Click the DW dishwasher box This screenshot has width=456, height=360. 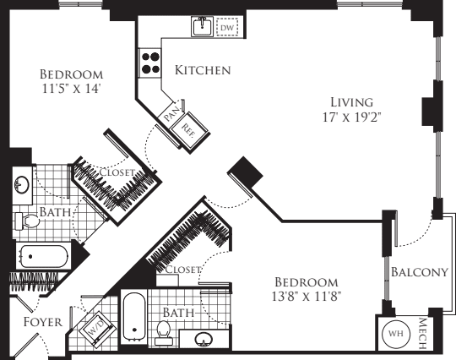[x=226, y=28]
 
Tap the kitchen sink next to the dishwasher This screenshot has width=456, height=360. [x=202, y=27]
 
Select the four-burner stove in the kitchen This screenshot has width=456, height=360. [x=150, y=64]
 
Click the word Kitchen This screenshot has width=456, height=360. [x=203, y=70]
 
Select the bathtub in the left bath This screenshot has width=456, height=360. [x=46, y=255]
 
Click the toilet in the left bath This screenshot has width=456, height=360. [x=27, y=221]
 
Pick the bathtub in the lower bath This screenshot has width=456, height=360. [x=134, y=317]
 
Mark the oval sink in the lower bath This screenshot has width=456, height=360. [x=203, y=340]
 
